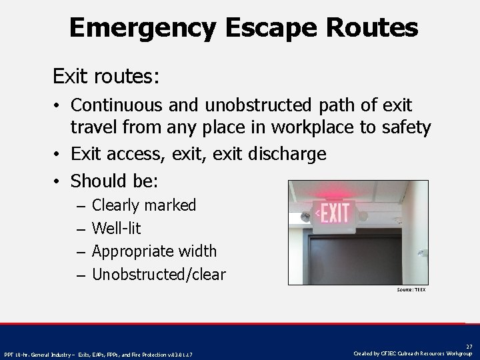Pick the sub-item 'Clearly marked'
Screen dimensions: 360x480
[x=144, y=205]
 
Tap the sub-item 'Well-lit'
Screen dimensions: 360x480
[x=116, y=228]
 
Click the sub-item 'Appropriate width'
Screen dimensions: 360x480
[x=154, y=251]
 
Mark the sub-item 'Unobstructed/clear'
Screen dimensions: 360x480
[x=159, y=274]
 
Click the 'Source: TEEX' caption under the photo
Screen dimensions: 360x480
[x=411, y=290]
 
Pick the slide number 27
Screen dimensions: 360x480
[x=469, y=346]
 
